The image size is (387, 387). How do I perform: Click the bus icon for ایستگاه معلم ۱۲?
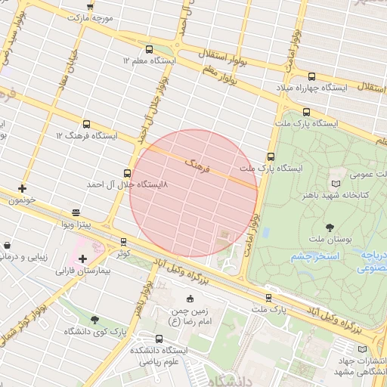click(x=148, y=48)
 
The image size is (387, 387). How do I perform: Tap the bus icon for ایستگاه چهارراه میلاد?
click(x=311, y=76)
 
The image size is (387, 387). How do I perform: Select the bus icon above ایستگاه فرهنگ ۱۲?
click(x=86, y=124)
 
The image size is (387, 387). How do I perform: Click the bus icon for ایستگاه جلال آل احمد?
click(x=126, y=172)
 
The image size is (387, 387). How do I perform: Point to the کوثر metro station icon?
click(x=123, y=242)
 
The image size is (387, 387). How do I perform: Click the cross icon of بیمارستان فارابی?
click(x=82, y=259)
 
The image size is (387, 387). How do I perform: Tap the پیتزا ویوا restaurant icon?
click(x=76, y=213)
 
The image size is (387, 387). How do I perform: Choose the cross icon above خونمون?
click(x=22, y=188)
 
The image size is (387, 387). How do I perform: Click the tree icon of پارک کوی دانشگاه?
click(x=94, y=320)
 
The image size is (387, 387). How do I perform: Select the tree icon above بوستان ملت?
click(x=329, y=226)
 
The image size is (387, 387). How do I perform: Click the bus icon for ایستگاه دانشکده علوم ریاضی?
click(x=159, y=339)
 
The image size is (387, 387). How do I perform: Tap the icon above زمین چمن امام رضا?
click(x=189, y=298)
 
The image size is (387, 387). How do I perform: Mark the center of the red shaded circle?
click(x=194, y=193)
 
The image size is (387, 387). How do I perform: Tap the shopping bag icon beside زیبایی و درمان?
click(x=7, y=246)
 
